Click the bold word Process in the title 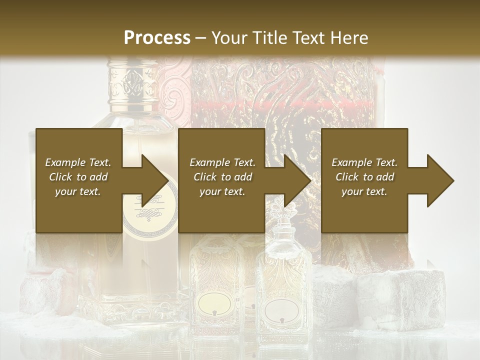[x=157, y=37]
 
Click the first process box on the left [x=79, y=180]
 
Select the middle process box [x=221, y=180]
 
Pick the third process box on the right [x=364, y=180]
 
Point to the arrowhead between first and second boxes [x=155, y=180]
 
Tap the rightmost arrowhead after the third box [x=440, y=180]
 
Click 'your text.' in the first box [x=77, y=191]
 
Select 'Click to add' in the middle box [x=222, y=177]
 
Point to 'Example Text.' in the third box [x=364, y=162]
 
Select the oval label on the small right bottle [x=281, y=309]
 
